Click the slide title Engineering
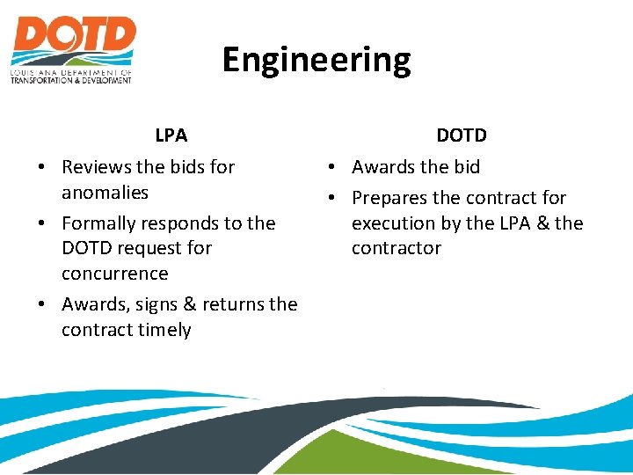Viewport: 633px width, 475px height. coord(316,60)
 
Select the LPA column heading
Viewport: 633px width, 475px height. coord(171,135)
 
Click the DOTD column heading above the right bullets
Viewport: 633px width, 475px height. coord(462,135)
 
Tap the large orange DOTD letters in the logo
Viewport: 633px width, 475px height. coord(74,36)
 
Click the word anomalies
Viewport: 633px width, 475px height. coord(105,192)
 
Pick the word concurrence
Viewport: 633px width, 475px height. coord(114,273)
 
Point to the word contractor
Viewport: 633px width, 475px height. coord(396,248)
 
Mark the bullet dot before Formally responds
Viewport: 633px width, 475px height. coord(42,224)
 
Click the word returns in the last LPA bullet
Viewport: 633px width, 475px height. coord(232,305)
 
